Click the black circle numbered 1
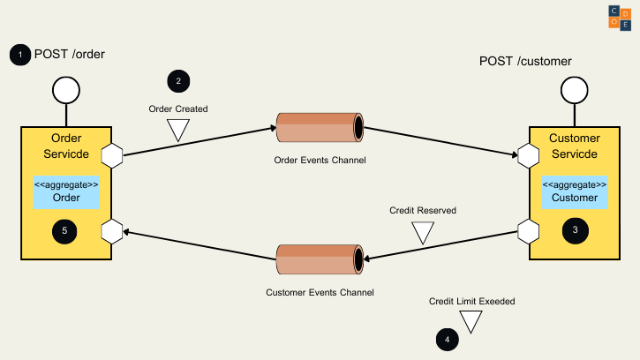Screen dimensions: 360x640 (19, 55)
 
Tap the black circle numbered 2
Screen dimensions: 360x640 (178, 81)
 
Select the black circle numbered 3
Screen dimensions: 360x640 (575, 230)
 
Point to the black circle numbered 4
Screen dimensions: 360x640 (448, 338)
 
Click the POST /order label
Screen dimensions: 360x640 (70, 55)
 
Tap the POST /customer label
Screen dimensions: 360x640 (525, 61)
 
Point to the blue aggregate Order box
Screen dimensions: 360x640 (66, 191)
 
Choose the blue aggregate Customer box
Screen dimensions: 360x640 (575, 191)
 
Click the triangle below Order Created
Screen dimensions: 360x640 (178, 131)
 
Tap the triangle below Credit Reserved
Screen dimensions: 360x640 (423, 232)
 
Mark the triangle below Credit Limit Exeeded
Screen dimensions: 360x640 (471, 321)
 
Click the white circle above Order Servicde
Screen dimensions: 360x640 (66, 91)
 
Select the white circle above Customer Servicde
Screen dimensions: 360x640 (574, 91)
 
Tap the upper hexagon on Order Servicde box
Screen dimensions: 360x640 (112, 155)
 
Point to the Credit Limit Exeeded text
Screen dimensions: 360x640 (471, 301)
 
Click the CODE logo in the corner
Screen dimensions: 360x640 (620, 17)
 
